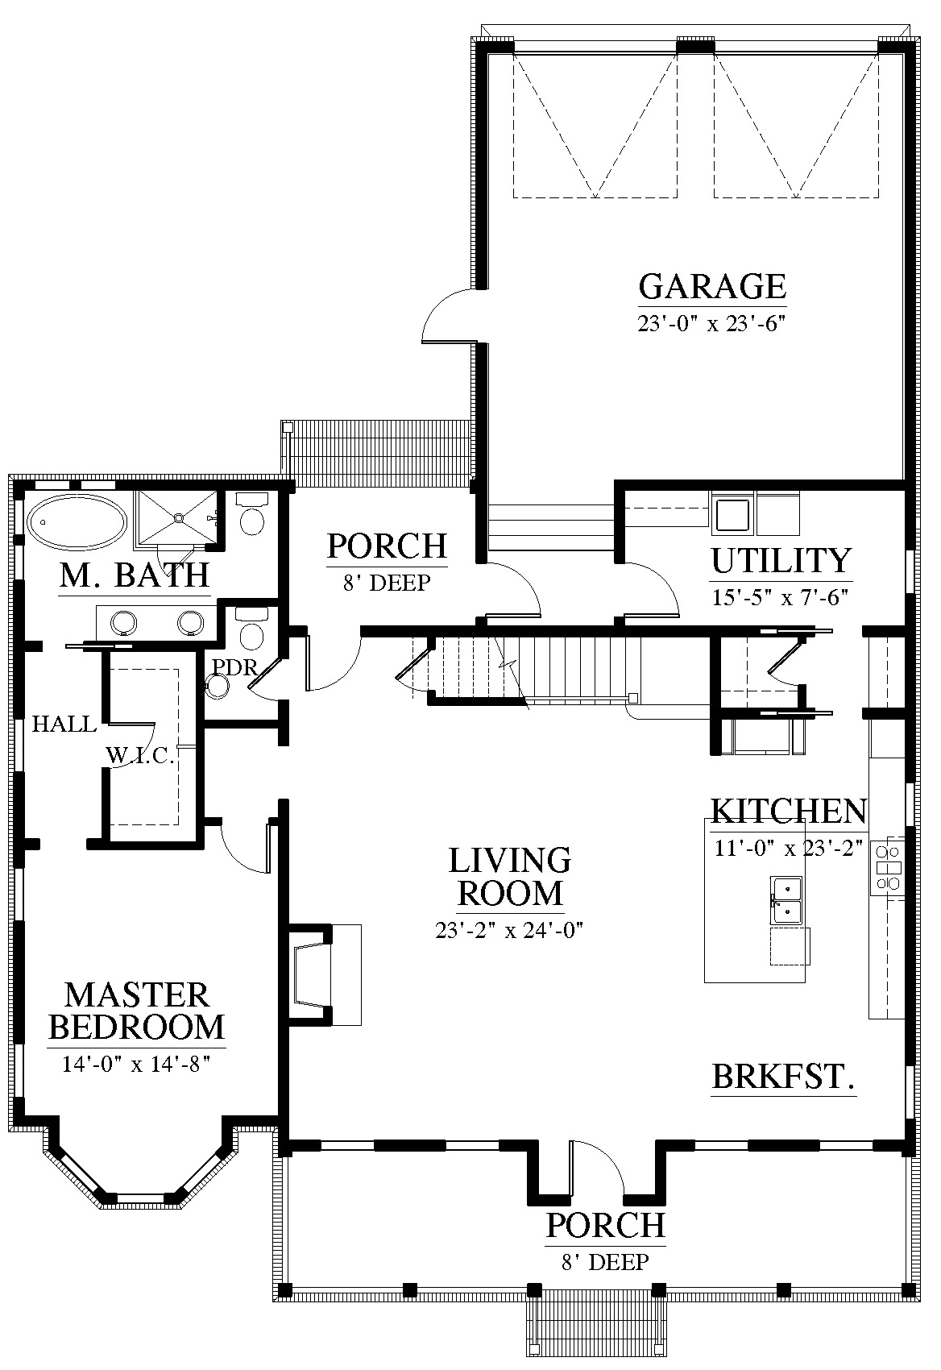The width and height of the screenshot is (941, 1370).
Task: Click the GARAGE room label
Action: pyautogui.click(x=712, y=286)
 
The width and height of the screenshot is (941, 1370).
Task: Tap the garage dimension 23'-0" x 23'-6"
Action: pyautogui.click(x=711, y=323)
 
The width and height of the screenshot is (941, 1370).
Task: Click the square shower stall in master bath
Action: pyautogui.click(x=176, y=517)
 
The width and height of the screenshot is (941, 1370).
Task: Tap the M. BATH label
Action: pyautogui.click(x=135, y=575)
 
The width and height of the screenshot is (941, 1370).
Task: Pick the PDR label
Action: pyautogui.click(x=234, y=667)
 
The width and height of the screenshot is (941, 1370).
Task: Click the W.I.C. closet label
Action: pyautogui.click(x=141, y=757)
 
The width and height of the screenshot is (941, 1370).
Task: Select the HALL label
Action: pyautogui.click(x=64, y=724)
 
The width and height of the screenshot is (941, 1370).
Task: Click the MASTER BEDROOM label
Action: pyautogui.click(x=136, y=1011)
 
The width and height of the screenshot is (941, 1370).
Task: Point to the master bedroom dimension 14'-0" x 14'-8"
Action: pyautogui.click(x=135, y=1065)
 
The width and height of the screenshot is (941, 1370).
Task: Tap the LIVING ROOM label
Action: pyautogui.click(x=510, y=877)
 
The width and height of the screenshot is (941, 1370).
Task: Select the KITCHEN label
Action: pyautogui.click(x=788, y=811)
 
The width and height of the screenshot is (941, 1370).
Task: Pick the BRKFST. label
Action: pyautogui.click(x=783, y=1094)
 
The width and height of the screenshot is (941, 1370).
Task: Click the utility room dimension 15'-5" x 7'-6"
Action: pyautogui.click(x=780, y=597)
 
